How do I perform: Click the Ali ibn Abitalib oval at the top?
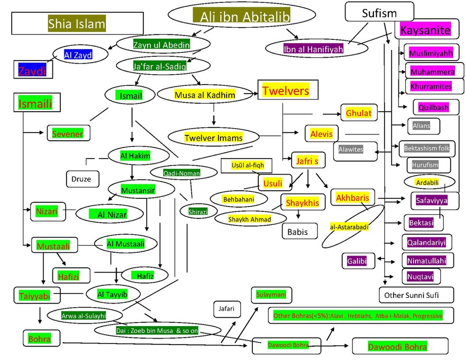coord(242,16)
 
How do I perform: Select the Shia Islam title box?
coord(77,23)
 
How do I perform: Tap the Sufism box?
coord(379,12)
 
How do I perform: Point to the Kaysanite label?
coord(425,30)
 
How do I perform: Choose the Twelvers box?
coord(288,90)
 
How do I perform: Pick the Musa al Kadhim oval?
coord(205,95)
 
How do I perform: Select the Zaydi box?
coord(33,69)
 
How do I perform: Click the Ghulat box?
coord(359,113)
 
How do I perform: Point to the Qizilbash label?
coord(433,107)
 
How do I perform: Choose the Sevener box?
coord(68,133)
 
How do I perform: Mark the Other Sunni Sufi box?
coord(416,295)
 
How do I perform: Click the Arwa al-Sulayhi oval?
coord(84,315)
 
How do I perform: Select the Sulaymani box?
coord(271,295)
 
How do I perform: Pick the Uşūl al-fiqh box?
coord(247,166)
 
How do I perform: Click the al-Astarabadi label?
coord(349,227)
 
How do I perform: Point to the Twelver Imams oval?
coord(214,137)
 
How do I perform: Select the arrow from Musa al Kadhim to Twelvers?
coord(250,94)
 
